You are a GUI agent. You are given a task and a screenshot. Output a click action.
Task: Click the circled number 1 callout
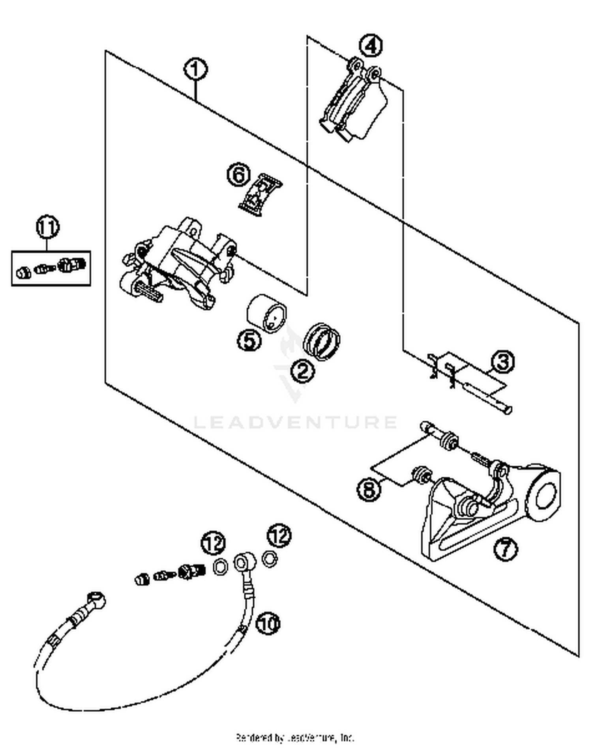click(196, 70)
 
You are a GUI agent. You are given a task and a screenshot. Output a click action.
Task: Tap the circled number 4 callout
click(371, 46)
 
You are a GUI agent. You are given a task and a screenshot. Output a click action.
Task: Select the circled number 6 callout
click(239, 175)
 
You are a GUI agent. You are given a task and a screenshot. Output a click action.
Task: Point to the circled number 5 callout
click(249, 340)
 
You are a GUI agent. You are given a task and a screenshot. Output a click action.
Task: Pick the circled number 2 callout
click(303, 371)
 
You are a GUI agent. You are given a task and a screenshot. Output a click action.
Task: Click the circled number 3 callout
click(503, 362)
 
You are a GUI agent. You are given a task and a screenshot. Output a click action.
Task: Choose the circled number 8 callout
click(369, 490)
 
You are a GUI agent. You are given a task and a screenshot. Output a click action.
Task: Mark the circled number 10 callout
click(268, 623)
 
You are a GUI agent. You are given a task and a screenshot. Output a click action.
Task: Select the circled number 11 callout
click(47, 228)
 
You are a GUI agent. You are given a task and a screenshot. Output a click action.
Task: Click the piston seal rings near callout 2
click(322, 341)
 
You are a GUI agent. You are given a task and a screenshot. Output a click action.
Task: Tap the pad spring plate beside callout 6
click(260, 194)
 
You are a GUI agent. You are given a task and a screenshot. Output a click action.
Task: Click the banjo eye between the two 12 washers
click(241, 562)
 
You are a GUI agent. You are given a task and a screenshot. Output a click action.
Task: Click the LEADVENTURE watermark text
click(295, 422)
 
